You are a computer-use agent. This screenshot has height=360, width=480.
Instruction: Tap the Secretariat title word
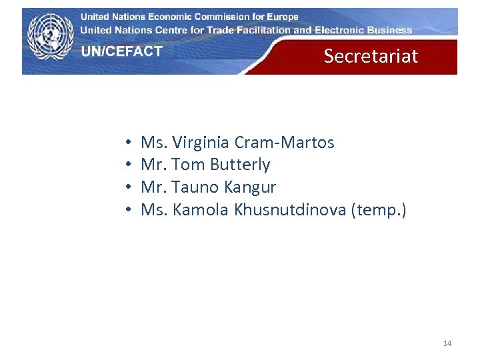click(x=371, y=56)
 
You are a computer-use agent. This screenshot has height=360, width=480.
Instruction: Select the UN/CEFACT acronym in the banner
click(x=122, y=51)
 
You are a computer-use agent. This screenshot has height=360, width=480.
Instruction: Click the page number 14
click(x=447, y=343)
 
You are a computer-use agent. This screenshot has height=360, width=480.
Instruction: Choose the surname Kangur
click(x=249, y=187)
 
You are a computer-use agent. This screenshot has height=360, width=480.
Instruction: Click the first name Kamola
click(x=201, y=210)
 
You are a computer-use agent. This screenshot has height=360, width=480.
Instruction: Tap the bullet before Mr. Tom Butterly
click(x=127, y=165)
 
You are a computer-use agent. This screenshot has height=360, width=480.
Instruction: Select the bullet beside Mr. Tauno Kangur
click(x=127, y=188)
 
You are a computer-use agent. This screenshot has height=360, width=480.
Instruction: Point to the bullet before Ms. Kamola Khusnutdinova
click(x=127, y=211)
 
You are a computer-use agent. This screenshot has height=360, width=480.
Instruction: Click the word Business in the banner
click(x=389, y=30)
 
